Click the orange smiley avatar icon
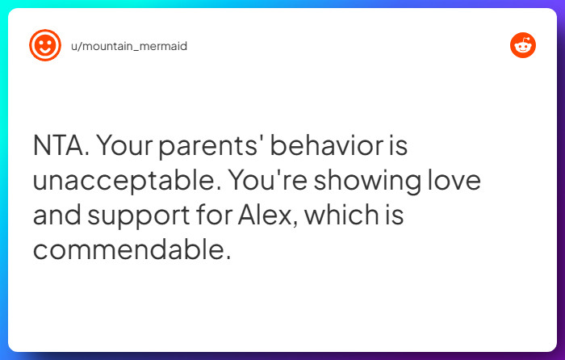(45, 46)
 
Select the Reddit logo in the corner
(523, 46)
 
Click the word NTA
(61, 147)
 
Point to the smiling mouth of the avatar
(45, 51)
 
